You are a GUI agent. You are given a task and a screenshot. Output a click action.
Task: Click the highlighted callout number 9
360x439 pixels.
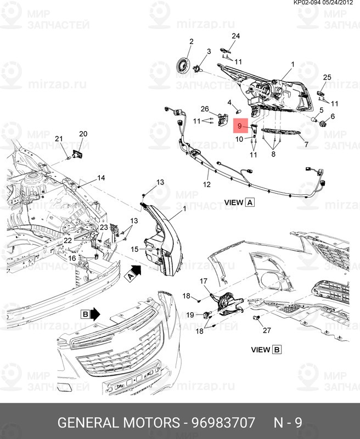tap(239, 127)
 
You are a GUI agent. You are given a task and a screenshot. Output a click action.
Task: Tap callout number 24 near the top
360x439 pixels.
tap(235, 36)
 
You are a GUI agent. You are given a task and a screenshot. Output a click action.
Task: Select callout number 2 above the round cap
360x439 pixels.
tap(192, 42)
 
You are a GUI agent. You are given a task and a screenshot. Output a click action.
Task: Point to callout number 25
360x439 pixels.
tap(327, 77)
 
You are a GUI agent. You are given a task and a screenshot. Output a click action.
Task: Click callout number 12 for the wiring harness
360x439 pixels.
tap(206, 185)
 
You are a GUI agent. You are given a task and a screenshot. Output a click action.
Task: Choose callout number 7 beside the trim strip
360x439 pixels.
tap(306, 145)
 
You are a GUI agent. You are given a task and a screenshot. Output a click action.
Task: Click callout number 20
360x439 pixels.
tap(83, 134)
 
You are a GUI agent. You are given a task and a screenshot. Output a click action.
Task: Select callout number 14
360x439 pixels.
tap(101, 178)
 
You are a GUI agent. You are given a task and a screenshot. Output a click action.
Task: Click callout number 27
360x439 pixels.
tap(267, 330)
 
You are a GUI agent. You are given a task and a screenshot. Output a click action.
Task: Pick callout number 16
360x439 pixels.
tap(72, 258)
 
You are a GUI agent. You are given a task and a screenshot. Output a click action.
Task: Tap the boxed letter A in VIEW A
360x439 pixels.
tap(250, 202)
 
